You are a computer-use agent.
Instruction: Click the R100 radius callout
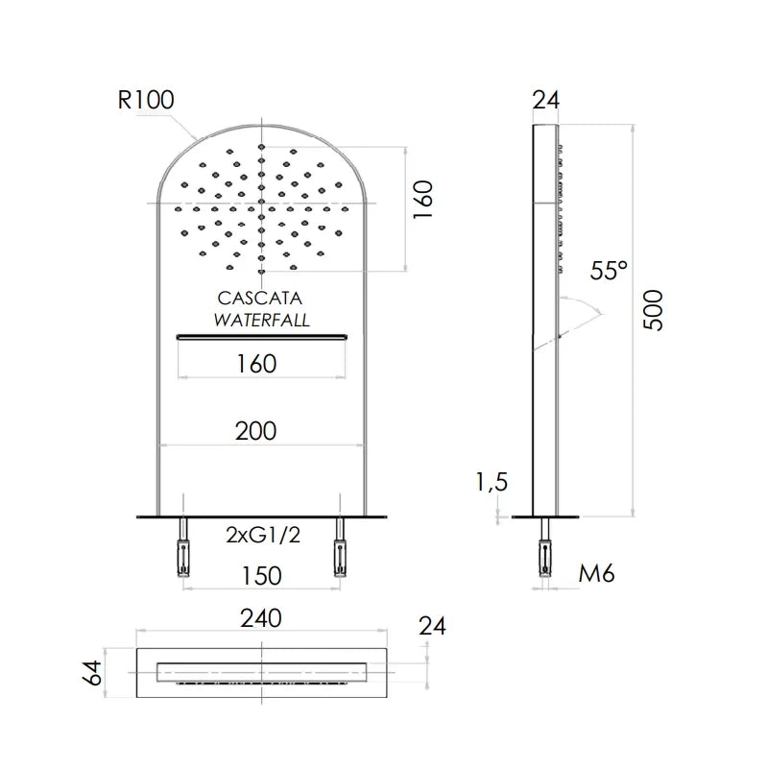pyautogui.click(x=146, y=100)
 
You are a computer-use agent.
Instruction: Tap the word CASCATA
pyautogui.click(x=259, y=299)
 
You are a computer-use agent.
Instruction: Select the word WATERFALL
pyautogui.click(x=262, y=321)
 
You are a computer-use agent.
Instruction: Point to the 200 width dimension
pyautogui.click(x=255, y=431)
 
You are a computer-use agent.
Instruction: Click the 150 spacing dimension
pyautogui.click(x=261, y=576)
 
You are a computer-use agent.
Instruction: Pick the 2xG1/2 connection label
pyautogui.click(x=263, y=535)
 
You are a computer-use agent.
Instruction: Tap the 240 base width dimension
pyautogui.click(x=260, y=618)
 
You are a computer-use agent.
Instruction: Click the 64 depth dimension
pyautogui.click(x=92, y=673)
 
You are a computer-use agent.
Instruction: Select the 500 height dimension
pyautogui.click(x=653, y=310)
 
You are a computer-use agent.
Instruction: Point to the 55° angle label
pyautogui.click(x=609, y=270)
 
